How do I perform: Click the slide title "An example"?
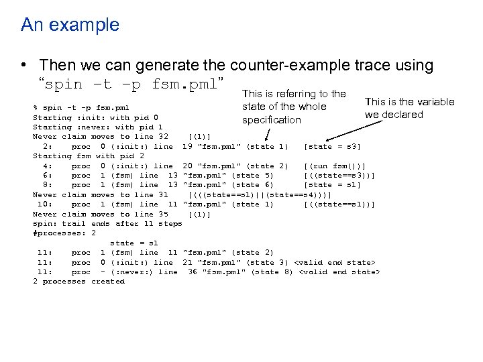[x=70, y=25]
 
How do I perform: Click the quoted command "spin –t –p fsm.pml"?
[x=130, y=85]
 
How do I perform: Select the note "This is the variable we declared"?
[x=409, y=108]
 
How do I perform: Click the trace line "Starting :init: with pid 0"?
[x=95, y=117]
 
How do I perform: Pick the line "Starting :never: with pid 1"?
[x=98, y=127]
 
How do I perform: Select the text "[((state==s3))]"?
[x=339, y=176]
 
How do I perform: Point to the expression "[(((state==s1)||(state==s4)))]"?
[x=260, y=194]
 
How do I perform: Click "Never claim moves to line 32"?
[x=101, y=137]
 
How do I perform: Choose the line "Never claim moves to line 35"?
[x=101, y=214]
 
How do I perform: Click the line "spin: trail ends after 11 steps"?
[x=107, y=223]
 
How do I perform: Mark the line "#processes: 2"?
[x=64, y=233]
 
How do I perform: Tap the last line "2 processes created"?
[x=78, y=282]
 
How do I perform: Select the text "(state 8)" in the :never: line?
[x=272, y=272]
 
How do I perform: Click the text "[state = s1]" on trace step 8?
[x=332, y=185]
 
